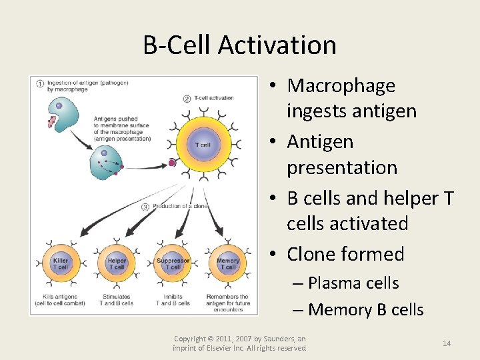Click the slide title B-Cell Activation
click(x=239, y=45)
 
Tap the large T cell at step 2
click(x=203, y=145)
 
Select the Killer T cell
click(x=60, y=264)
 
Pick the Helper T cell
click(x=117, y=264)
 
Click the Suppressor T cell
click(x=173, y=264)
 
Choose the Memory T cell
click(x=228, y=264)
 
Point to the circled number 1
click(x=40, y=85)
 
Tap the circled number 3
click(x=145, y=207)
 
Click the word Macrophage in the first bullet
click(x=341, y=86)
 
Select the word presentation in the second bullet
click(x=341, y=168)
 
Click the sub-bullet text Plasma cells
click(x=353, y=283)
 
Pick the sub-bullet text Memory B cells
click(x=366, y=310)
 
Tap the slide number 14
click(x=446, y=343)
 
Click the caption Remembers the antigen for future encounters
click(x=227, y=303)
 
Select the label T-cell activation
click(x=213, y=99)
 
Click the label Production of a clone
click(x=180, y=207)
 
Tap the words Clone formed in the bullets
click(x=345, y=255)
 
